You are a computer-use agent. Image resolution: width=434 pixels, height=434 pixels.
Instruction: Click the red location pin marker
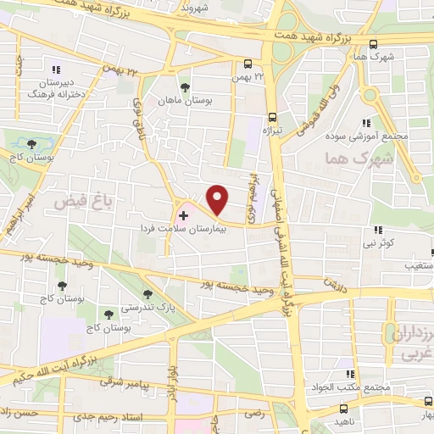pyautogui.click(x=218, y=199)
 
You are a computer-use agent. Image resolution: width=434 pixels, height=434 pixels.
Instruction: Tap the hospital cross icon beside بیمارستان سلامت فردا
pyautogui.click(x=184, y=216)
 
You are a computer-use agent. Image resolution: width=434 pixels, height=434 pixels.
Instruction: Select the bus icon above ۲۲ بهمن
pyautogui.click(x=247, y=64)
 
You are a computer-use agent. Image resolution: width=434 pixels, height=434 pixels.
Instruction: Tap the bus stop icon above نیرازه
pyautogui.click(x=272, y=118)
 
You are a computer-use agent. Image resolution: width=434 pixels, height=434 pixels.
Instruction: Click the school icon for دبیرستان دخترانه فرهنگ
pyautogui.click(x=57, y=70)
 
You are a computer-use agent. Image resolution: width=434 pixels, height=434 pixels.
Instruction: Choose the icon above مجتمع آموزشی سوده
pyautogui.click(x=366, y=122)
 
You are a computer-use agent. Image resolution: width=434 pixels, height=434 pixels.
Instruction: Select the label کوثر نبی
pyautogui.click(x=389, y=242)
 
